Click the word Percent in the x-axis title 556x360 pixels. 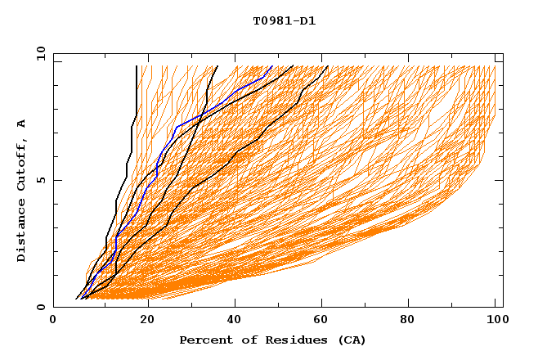(204, 340)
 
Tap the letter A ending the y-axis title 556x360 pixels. (21, 124)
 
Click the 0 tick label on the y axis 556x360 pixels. (41, 307)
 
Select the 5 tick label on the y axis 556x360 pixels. (41, 180)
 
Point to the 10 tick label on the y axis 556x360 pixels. (38, 53)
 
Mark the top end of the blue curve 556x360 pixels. (271, 67)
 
